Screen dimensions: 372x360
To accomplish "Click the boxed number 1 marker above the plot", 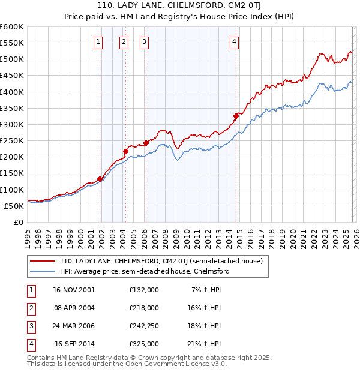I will pos(98,41).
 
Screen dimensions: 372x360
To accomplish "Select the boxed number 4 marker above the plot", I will pos(234,41).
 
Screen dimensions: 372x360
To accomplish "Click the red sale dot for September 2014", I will pos(236,116).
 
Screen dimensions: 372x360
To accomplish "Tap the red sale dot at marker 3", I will pos(146,143).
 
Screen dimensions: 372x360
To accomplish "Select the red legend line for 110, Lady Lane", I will pos(41,261).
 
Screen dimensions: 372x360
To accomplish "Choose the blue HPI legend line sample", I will pos(41,271).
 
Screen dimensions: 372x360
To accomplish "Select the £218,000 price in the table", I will pos(144,308).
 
